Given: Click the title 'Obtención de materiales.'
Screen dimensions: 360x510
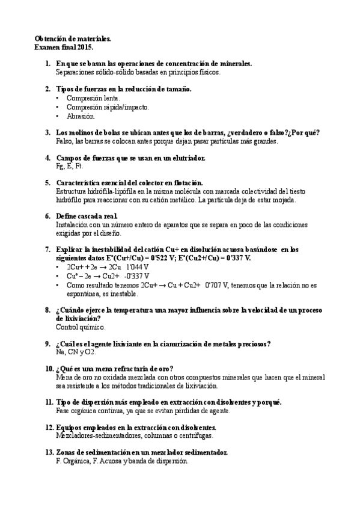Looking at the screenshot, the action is pos(73,37).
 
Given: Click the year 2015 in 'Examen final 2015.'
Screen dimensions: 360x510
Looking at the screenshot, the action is pos(85,46).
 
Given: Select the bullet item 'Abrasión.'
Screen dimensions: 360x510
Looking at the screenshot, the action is pos(81,116).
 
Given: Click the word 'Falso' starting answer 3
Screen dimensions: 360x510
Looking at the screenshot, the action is pos(64,141).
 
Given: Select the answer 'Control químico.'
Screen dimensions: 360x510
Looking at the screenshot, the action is pos(80,327).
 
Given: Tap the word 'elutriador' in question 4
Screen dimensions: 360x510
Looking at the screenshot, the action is pos(187,158).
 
